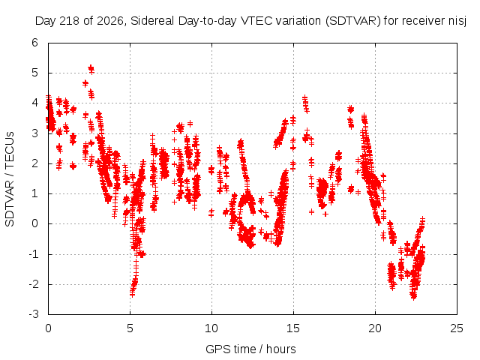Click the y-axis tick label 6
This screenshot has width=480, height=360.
click(x=35, y=43)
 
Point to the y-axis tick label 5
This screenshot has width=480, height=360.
click(x=35, y=73)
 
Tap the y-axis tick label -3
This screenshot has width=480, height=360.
click(x=33, y=314)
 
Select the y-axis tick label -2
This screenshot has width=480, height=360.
click(x=33, y=284)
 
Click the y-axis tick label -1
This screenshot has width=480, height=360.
click(x=33, y=254)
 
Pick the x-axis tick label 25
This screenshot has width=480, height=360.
click(x=457, y=328)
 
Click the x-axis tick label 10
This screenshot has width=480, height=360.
click(x=211, y=328)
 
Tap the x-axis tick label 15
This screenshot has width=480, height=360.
click(x=293, y=328)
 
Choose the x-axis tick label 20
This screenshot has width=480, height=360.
click(x=375, y=328)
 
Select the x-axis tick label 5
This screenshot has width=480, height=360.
click(x=130, y=328)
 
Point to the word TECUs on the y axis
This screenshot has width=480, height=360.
click(x=10, y=150)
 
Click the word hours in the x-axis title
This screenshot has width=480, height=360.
click(x=281, y=349)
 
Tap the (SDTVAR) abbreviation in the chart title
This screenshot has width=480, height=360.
click(x=352, y=21)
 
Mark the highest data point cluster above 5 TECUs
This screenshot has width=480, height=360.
click(x=91, y=69)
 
